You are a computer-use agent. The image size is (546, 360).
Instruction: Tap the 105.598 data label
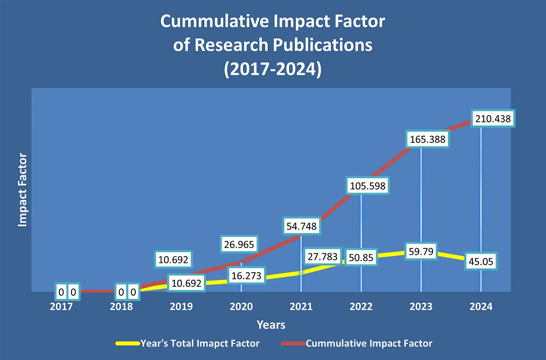[x=368, y=185]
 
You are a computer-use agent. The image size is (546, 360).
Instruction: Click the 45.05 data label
[x=480, y=262]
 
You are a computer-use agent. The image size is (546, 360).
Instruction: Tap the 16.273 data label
[x=247, y=276]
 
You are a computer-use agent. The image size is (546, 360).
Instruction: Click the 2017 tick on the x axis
[x=61, y=307]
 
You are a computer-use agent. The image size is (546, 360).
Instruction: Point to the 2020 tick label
[x=241, y=307]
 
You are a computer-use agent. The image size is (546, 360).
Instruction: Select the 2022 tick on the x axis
[x=361, y=307]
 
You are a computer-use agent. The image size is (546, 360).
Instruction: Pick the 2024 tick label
[x=481, y=307]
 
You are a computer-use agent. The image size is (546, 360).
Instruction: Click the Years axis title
[x=271, y=325]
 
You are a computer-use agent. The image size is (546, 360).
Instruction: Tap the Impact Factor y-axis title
[x=23, y=190]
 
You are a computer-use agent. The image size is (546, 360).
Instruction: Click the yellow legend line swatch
[x=127, y=344]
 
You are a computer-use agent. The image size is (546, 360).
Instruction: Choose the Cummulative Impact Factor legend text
[x=369, y=344]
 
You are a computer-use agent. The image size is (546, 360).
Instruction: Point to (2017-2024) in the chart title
[x=273, y=68]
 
